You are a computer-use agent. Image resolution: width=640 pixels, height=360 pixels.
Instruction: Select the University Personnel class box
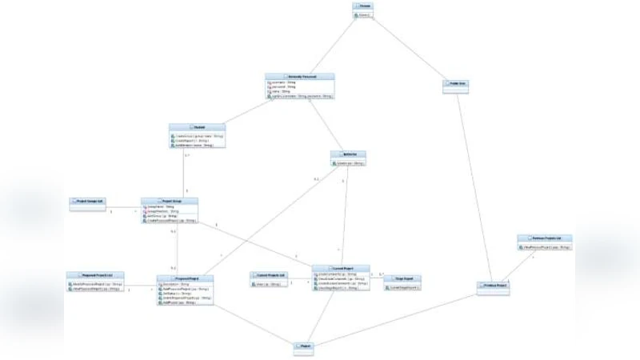299,86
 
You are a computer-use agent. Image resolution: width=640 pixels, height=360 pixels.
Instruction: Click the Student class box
197,136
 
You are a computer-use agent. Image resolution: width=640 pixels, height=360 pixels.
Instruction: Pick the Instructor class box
348,158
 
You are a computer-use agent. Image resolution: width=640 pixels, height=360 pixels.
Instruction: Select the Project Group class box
169,210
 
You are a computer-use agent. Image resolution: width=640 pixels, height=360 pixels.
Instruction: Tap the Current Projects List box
268,278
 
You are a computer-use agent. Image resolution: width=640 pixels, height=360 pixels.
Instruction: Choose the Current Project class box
340,278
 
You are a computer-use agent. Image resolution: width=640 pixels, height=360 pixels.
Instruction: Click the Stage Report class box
402,282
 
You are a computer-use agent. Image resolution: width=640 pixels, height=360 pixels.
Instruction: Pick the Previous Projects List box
545,242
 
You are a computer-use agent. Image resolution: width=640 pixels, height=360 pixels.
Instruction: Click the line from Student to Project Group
186,173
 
